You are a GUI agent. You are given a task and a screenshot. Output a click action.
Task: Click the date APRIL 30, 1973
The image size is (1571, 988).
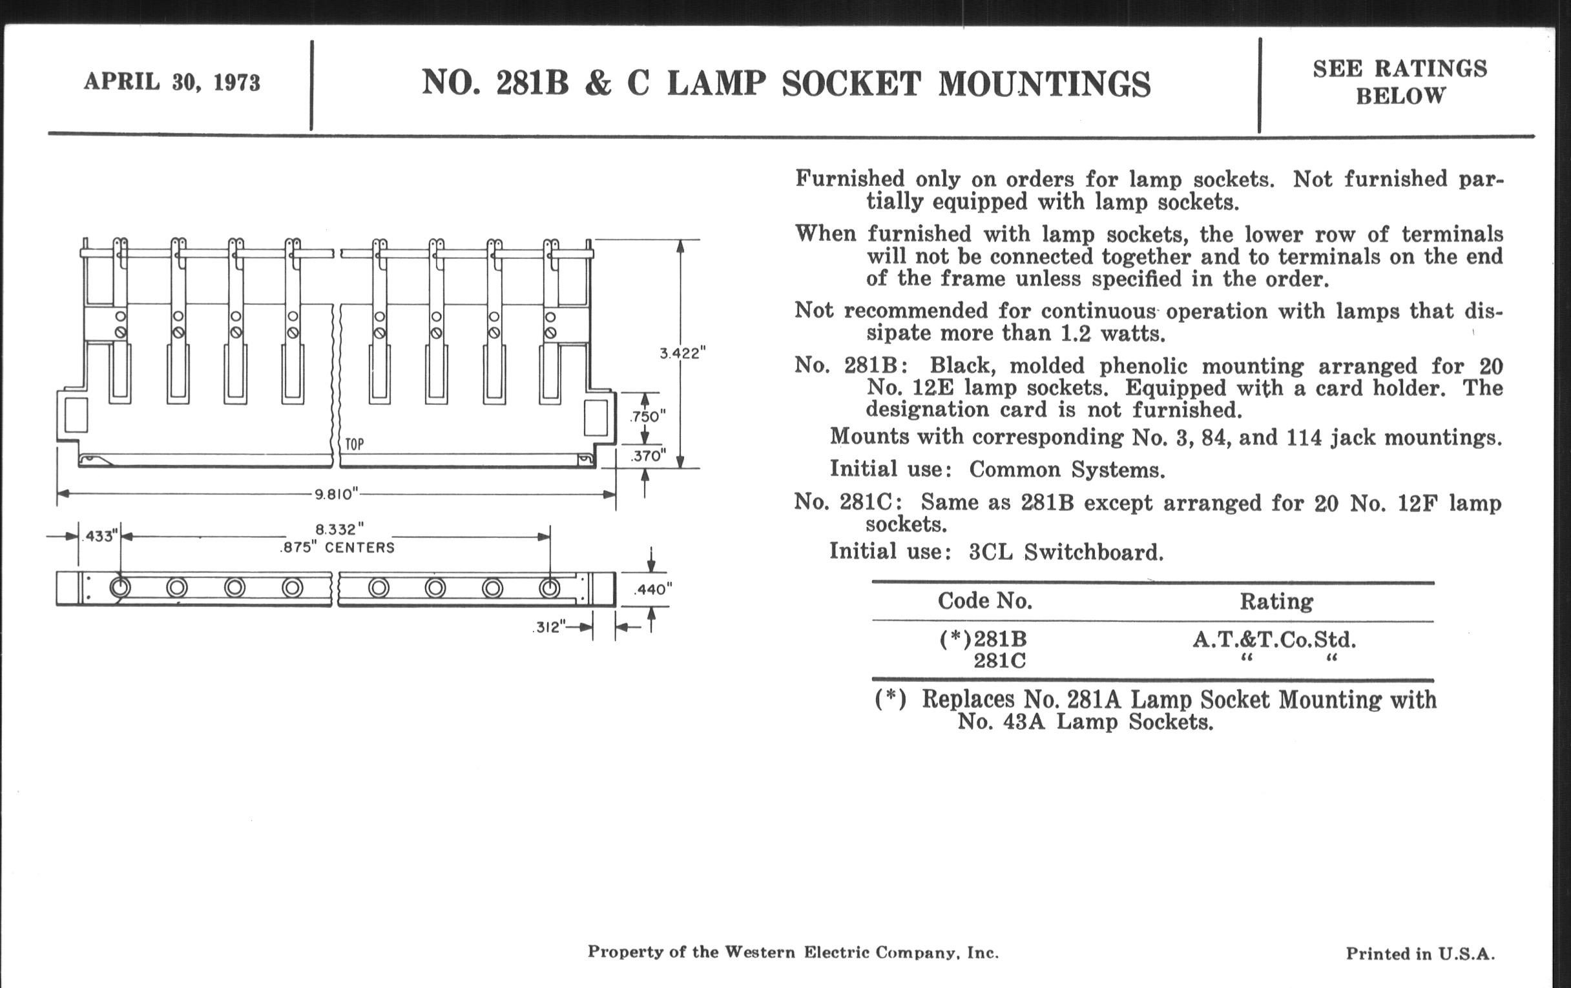point(172,83)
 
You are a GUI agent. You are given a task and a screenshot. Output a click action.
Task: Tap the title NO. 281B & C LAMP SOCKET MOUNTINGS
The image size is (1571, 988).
point(786,84)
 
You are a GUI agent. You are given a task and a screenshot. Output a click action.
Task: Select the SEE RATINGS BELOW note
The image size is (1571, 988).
point(1400,82)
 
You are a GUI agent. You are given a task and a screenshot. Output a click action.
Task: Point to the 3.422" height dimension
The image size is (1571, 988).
point(682,353)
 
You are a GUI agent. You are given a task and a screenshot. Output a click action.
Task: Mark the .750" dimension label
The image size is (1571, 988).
point(647,417)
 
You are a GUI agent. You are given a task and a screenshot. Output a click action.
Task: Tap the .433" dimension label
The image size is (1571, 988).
point(100,537)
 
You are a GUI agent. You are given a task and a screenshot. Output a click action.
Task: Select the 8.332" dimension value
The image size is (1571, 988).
point(339,529)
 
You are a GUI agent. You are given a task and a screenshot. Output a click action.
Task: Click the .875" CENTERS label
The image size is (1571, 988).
point(337,548)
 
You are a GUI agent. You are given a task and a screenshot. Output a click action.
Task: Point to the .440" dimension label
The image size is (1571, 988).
point(653,590)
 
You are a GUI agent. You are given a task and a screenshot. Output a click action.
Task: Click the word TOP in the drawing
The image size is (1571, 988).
point(354,445)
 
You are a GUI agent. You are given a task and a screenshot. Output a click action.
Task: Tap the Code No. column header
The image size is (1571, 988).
point(984,601)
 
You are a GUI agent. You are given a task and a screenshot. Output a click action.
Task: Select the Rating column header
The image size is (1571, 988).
point(1276,601)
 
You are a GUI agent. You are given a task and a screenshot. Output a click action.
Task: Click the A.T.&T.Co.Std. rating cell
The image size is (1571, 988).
point(1274,640)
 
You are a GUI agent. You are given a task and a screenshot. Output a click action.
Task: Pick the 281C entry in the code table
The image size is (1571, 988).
point(999,661)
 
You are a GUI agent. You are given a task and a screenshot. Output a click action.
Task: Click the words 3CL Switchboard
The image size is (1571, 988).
point(1066,552)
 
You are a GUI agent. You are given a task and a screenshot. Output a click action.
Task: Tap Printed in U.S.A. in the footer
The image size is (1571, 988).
point(1420,954)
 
